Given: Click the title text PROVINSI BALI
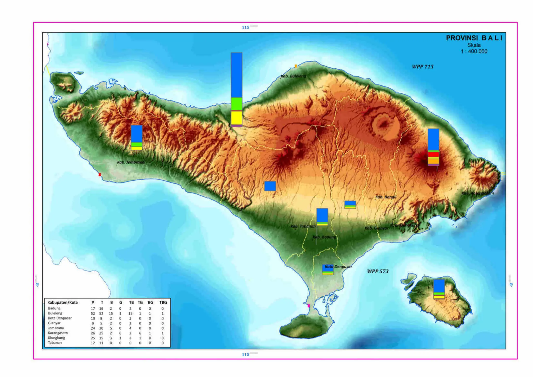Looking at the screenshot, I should [474, 38].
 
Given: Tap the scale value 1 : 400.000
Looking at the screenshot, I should [474, 52].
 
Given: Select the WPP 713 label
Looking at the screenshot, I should [423, 67].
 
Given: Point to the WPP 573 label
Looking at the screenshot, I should [378, 271].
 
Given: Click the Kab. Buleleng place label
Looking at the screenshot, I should [293, 76].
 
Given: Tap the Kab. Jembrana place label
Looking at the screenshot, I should [131, 162].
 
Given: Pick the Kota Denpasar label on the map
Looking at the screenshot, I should [338, 267].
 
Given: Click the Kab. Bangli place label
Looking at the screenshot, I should [386, 197].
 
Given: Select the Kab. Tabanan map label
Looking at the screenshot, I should [303, 226].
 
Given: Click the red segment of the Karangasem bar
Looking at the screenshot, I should [433, 154].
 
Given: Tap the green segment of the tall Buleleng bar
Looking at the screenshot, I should [236, 104].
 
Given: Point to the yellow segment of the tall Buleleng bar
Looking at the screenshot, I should [236, 118].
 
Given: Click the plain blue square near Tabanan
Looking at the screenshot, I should [270, 186].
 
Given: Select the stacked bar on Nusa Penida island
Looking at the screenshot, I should [439, 289].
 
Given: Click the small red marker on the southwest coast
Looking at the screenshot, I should [100, 175].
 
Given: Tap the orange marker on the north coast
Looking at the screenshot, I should [296, 66].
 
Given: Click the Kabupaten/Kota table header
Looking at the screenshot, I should [62, 302].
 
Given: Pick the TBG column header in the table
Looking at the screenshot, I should [163, 302].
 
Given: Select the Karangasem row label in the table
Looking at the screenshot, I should [58, 333].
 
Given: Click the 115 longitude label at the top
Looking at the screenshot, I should [245, 27].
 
